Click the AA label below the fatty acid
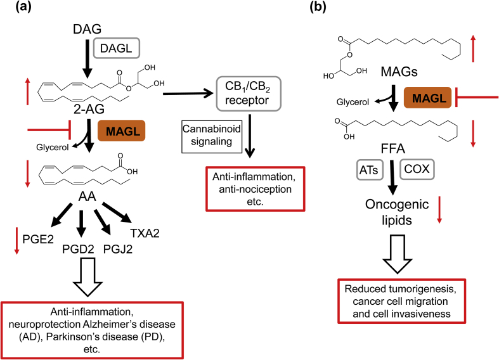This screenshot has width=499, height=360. click(x=87, y=196)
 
